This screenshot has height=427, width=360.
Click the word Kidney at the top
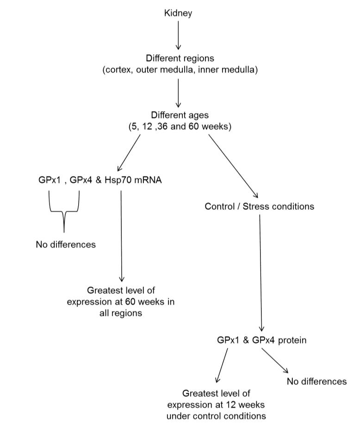pyautogui.click(x=178, y=13)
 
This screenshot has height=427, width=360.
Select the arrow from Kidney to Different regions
pyautogui.click(x=178, y=35)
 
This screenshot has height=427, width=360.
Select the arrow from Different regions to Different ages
pyautogui.click(x=178, y=93)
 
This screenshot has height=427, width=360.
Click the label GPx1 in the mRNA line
pyautogui.click(x=50, y=180)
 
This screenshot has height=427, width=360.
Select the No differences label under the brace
pyautogui.click(x=66, y=245)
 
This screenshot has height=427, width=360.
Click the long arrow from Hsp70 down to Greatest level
pyautogui.click(x=121, y=236)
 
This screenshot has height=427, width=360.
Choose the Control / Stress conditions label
pyautogui.click(x=259, y=206)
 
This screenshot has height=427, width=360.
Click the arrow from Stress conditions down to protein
pyautogui.click(x=261, y=273)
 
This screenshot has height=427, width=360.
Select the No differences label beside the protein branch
pyautogui.click(x=317, y=382)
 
